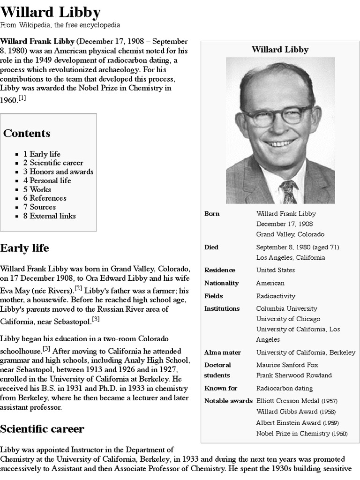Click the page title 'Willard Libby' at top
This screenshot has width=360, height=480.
pos(50,12)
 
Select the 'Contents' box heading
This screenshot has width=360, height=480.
pos(27,133)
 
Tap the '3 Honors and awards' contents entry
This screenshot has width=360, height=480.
pos(58,172)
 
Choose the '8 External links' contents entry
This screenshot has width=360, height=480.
pos(49,216)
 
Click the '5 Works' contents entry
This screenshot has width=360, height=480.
pos(37,189)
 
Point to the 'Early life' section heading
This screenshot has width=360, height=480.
pos(24,247)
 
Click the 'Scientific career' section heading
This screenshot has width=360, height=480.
pos(42,428)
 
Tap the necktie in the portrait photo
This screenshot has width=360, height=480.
pos(288,191)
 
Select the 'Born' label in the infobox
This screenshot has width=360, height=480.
pos(212,214)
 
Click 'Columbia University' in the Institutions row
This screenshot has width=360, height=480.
pos(286,308)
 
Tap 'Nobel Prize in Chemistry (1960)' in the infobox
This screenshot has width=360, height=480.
pos(302,434)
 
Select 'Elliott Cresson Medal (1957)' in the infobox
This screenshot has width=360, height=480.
pos(297,401)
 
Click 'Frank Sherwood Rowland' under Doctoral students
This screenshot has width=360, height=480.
pos(294,375)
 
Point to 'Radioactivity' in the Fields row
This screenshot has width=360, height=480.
pos(276,296)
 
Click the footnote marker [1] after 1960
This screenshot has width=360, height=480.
pos(22,97)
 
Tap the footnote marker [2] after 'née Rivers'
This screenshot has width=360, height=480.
pos(78,288)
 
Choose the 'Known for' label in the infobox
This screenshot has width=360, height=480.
pos(221,388)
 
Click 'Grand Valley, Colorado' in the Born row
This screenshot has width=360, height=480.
pos(290,234)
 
